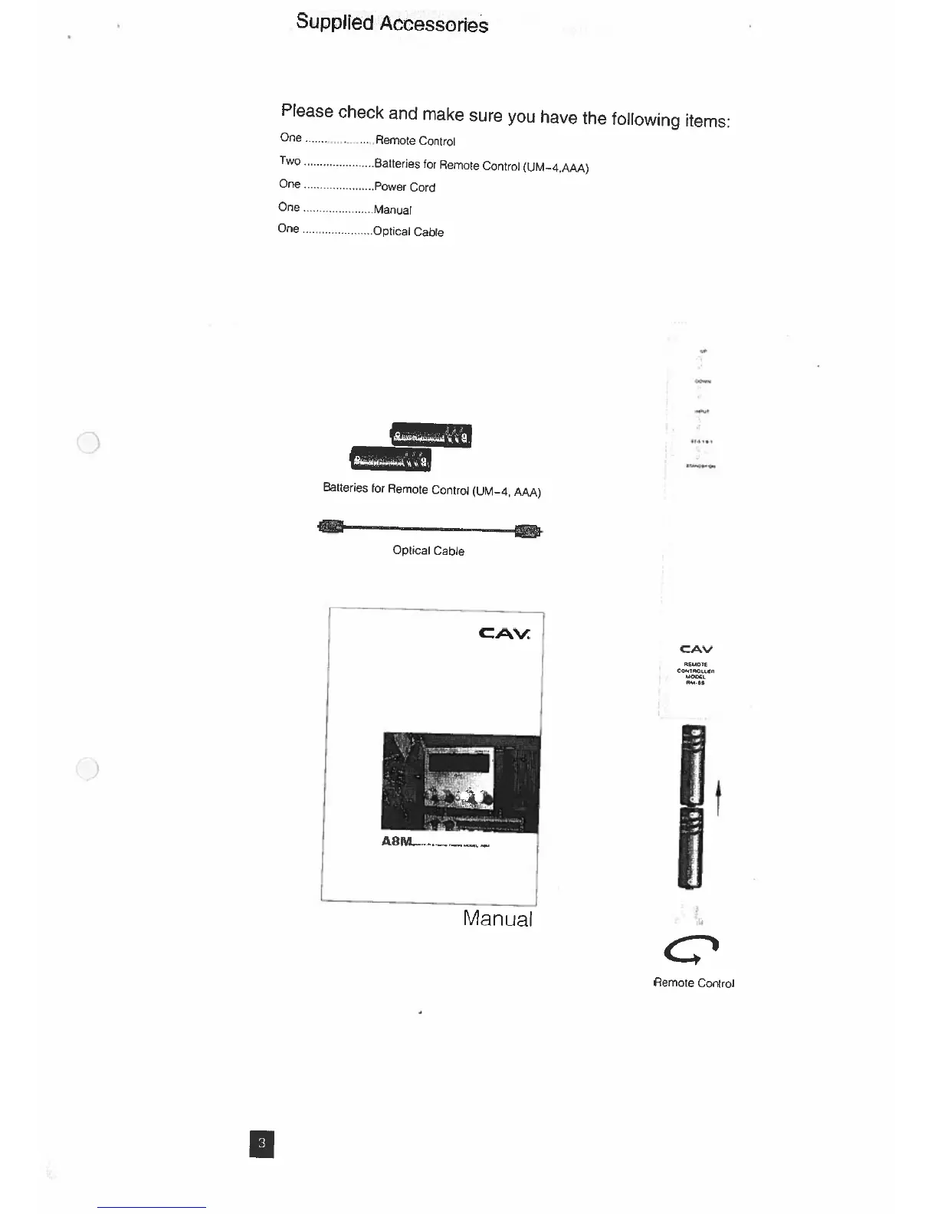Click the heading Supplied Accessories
(x=392, y=23)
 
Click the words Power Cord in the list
(x=405, y=187)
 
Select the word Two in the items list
(x=290, y=161)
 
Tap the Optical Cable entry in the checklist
(x=408, y=231)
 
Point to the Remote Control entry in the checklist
(x=415, y=141)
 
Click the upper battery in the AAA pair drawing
(x=431, y=435)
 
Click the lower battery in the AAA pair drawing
(x=390, y=458)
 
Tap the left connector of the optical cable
(x=330, y=527)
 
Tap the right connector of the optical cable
(x=529, y=530)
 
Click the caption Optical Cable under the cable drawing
(x=428, y=550)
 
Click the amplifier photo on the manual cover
(x=461, y=783)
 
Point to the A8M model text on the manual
(x=396, y=842)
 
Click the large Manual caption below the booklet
(x=497, y=918)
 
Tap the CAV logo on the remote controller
(x=696, y=649)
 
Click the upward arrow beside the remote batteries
(x=718, y=797)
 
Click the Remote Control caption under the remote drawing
(x=694, y=983)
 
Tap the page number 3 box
(x=261, y=1143)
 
